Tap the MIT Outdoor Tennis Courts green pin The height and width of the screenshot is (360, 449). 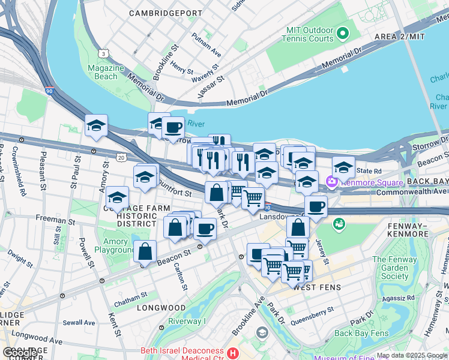[x=342, y=32]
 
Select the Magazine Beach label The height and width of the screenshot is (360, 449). [x=106, y=72]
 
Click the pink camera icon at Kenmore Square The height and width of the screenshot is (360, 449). [x=331, y=181]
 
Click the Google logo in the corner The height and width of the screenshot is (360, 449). [x=20, y=352]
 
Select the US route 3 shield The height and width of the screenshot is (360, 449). [x=104, y=54]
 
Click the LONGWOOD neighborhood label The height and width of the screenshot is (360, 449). [x=161, y=308]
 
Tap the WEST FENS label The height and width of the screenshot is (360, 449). [x=319, y=287]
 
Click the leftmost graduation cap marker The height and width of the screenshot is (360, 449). [x=96, y=125]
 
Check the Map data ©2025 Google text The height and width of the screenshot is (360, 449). [x=412, y=355]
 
